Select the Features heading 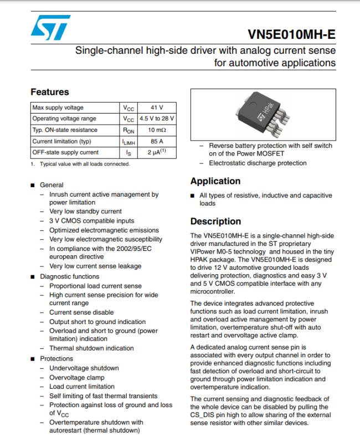[x=50, y=92]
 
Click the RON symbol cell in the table [x=128, y=130]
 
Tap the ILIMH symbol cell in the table [x=128, y=141]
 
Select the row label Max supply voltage [x=58, y=107]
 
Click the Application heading [x=215, y=181]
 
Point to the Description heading [x=215, y=222]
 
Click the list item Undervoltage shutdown [x=84, y=368]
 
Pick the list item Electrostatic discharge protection [x=258, y=163]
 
